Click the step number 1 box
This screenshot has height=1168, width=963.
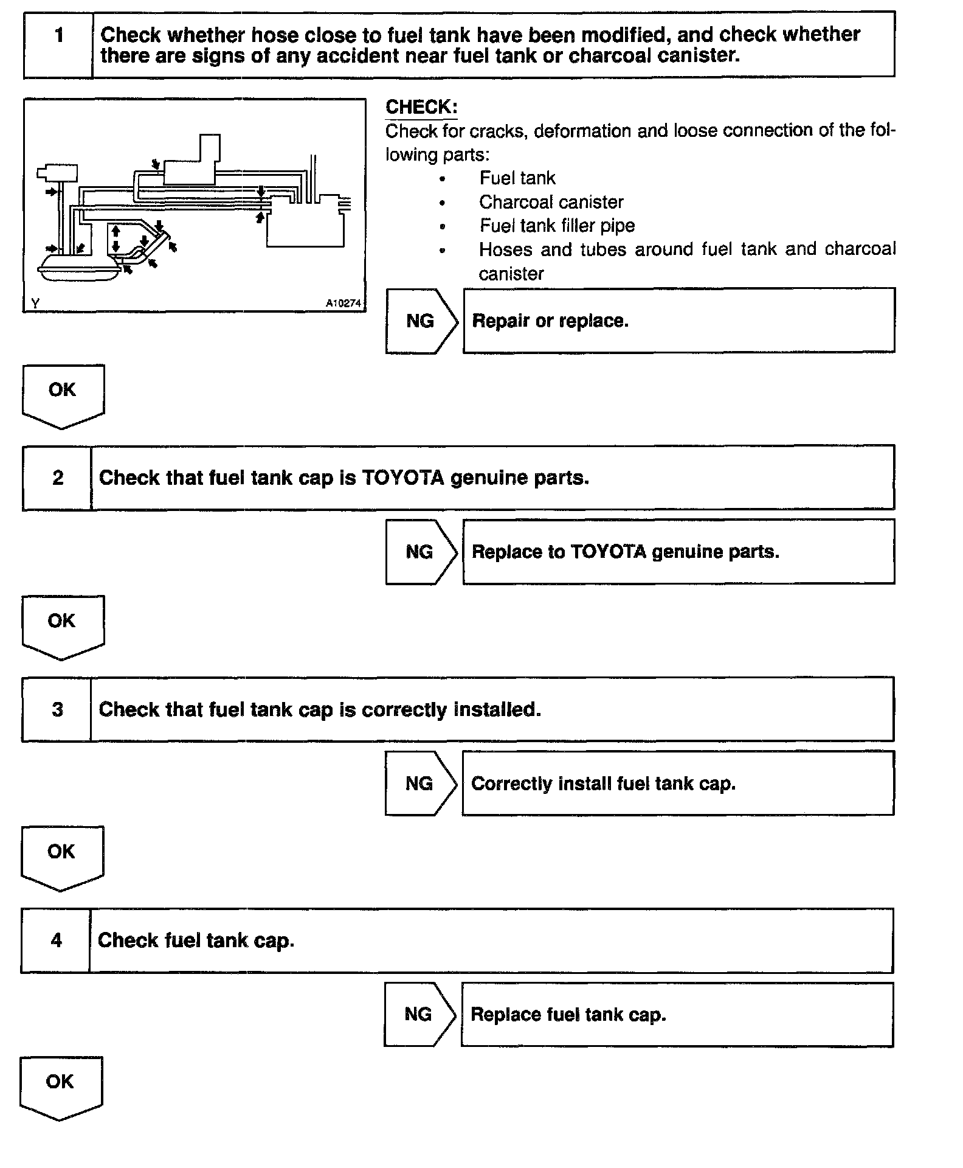click(x=58, y=44)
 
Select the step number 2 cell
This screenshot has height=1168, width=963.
click(x=57, y=478)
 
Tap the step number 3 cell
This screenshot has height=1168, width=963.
click(x=57, y=709)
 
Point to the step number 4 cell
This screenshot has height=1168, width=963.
click(x=56, y=940)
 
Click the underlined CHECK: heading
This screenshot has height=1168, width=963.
click(x=421, y=107)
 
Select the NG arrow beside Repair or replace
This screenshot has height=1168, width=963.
click(x=421, y=321)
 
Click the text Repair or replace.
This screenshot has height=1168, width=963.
click(x=550, y=321)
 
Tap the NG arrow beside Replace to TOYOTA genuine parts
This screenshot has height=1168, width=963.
click(x=420, y=552)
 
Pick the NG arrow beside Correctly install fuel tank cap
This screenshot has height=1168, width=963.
click(x=419, y=784)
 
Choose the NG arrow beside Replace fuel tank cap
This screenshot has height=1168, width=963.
click(x=419, y=1014)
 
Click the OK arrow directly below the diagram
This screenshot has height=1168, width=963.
click(x=63, y=395)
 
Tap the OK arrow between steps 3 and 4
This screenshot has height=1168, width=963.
click(x=62, y=857)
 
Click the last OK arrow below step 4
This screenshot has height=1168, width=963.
click(x=61, y=1087)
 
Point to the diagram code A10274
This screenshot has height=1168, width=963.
click(x=343, y=303)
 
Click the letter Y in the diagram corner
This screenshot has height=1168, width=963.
click(x=35, y=303)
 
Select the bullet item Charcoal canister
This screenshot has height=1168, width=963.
click(x=551, y=202)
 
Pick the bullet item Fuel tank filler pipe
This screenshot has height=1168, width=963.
click(x=557, y=226)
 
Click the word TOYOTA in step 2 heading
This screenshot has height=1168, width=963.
click(x=403, y=478)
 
